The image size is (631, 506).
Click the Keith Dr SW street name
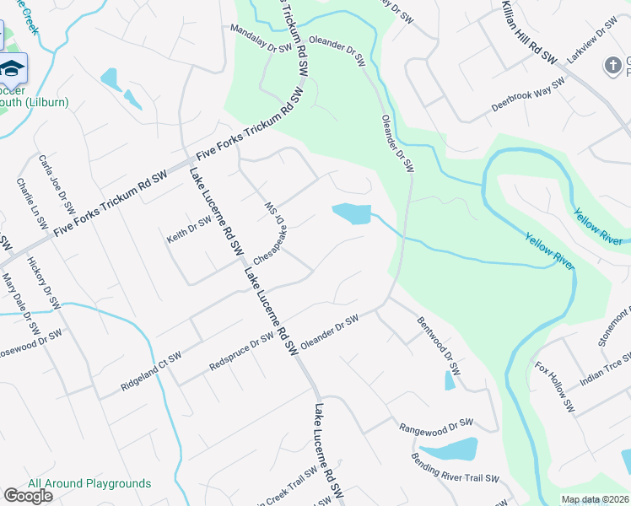coord(188,229)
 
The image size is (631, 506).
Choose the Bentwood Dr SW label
coord(439,346)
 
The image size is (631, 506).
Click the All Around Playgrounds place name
coord(89,483)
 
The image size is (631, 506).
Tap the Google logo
coord(28,496)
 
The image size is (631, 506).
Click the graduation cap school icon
coord(12,67)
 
